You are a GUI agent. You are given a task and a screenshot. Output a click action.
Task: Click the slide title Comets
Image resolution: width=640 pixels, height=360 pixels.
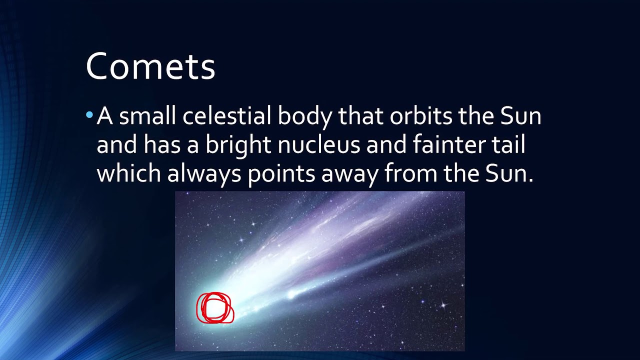pos(150,66)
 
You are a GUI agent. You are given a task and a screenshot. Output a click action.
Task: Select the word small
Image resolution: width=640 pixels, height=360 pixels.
pos(147,116)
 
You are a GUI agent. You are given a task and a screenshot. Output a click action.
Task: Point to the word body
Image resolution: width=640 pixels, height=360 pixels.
pos(305,117)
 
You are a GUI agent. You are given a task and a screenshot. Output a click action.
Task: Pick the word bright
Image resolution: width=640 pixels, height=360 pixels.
pos(238,145)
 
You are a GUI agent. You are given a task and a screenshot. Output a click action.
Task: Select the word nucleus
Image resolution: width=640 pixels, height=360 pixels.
pos(319,145)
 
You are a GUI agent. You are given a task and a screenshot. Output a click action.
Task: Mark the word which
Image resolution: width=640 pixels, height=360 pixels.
pos(128,173)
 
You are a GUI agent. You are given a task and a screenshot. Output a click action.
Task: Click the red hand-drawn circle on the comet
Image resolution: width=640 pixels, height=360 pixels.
pos(214,308)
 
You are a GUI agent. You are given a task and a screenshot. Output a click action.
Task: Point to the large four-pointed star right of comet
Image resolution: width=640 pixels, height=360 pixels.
pos(443,304)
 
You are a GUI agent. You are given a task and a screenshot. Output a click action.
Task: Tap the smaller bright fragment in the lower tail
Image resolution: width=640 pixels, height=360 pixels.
pos(291,295)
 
